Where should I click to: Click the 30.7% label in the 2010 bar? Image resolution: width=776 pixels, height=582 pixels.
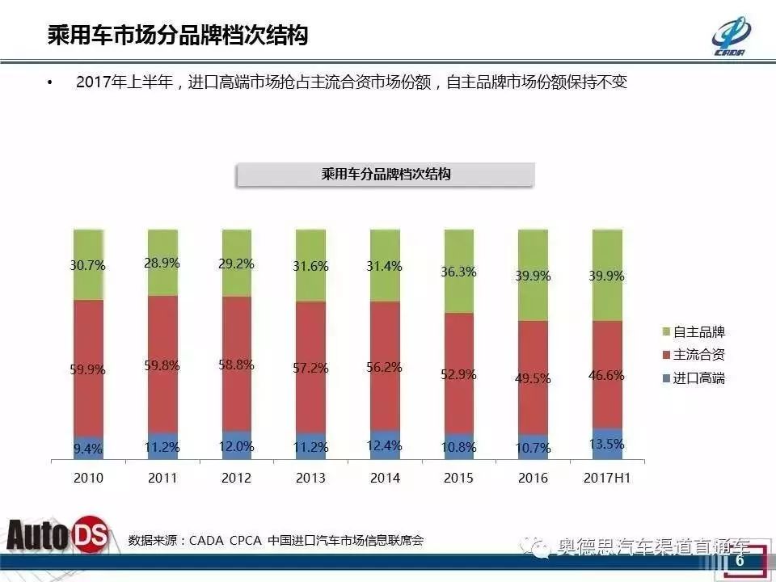pyautogui.click(x=89, y=265)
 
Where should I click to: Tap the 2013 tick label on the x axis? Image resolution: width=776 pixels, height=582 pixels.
pyautogui.click(x=311, y=478)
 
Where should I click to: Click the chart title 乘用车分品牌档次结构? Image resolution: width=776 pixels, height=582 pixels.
pyautogui.click(x=386, y=175)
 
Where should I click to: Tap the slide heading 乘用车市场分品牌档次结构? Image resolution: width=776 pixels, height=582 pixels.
pyautogui.click(x=177, y=36)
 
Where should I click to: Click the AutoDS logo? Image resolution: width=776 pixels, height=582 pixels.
pyautogui.click(x=61, y=536)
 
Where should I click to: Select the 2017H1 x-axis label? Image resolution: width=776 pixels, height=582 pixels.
pyautogui.click(x=607, y=478)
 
